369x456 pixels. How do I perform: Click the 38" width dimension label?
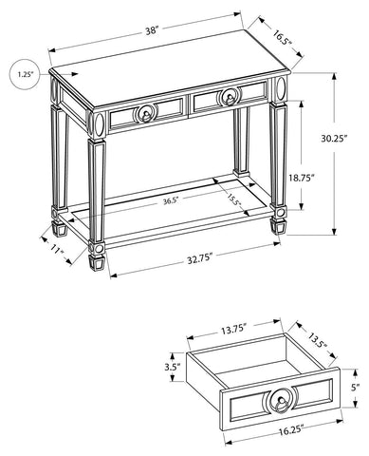pyautogui.click(x=152, y=31)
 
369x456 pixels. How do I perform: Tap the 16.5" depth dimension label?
pyautogui.click(x=283, y=38)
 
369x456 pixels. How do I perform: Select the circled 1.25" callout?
pyautogui.click(x=26, y=74)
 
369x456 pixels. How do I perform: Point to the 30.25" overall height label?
pyautogui.click(x=334, y=139)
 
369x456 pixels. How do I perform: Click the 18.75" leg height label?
pyautogui.click(x=301, y=178)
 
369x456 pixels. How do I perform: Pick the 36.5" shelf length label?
pyautogui.click(x=171, y=200)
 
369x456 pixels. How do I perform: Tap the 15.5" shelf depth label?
pyautogui.click(x=233, y=199)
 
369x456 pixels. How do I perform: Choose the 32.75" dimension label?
pyautogui.click(x=199, y=258)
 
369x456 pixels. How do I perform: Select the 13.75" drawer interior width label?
pyautogui.click(x=233, y=331)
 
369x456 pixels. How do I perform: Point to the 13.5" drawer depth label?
pyautogui.click(x=317, y=340)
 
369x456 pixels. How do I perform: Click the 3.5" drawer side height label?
pyautogui.click(x=172, y=367)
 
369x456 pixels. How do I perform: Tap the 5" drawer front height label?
pyautogui.click(x=356, y=387)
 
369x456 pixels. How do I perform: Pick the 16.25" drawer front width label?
pyautogui.click(x=291, y=432)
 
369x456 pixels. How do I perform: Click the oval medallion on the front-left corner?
pyautogui.click(x=100, y=124)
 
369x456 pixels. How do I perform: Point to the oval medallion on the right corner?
pyautogui.click(x=281, y=87)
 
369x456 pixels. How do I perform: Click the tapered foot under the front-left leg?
pyautogui.click(x=96, y=262)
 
